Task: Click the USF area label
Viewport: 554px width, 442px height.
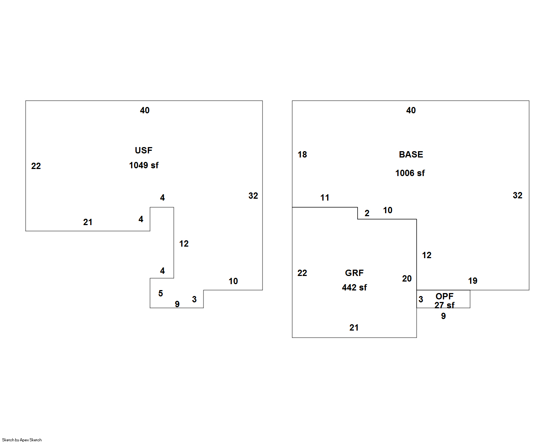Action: (143, 150)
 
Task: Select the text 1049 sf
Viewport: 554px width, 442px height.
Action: (144, 165)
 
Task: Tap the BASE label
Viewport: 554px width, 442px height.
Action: (411, 155)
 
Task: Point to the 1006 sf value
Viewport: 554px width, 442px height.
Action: (410, 173)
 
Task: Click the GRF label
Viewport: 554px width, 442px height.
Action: (354, 273)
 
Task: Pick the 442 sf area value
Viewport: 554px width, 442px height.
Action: (354, 287)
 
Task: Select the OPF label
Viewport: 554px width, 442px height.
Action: (444, 296)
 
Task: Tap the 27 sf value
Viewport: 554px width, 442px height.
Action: (444, 305)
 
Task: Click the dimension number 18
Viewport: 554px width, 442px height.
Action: (302, 155)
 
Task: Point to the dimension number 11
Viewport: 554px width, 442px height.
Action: (325, 198)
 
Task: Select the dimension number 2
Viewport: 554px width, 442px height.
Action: (367, 213)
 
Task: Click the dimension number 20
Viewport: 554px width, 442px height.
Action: (407, 279)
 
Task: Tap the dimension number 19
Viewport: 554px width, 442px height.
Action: (473, 281)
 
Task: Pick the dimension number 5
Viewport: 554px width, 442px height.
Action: (160, 293)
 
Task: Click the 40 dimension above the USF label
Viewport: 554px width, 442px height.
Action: (145, 110)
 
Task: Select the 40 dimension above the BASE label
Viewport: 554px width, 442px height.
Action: (411, 110)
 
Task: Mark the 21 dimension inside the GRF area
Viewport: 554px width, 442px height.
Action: (354, 328)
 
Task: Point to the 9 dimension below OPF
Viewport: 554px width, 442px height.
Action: (443, 316)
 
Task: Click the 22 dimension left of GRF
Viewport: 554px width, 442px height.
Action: (302, 273)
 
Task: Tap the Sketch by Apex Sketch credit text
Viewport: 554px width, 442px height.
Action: (22, 440)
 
